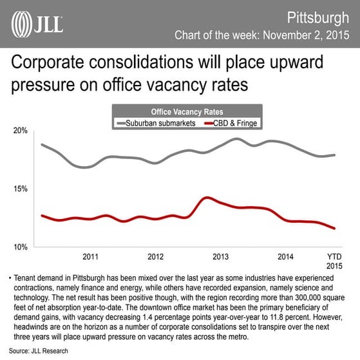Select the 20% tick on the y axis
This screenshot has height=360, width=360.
coord(19,131)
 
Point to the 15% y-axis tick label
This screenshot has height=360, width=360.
coord(19,189)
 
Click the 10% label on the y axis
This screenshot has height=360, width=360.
coord(19,247)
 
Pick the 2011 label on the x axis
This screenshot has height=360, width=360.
coord(90,256)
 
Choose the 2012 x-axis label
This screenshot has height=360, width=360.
coord(155,256)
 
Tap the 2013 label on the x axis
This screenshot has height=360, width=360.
coord(220,256)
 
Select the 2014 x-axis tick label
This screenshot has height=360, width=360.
coord(285,256)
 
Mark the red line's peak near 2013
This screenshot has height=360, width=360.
coord(205,198)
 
